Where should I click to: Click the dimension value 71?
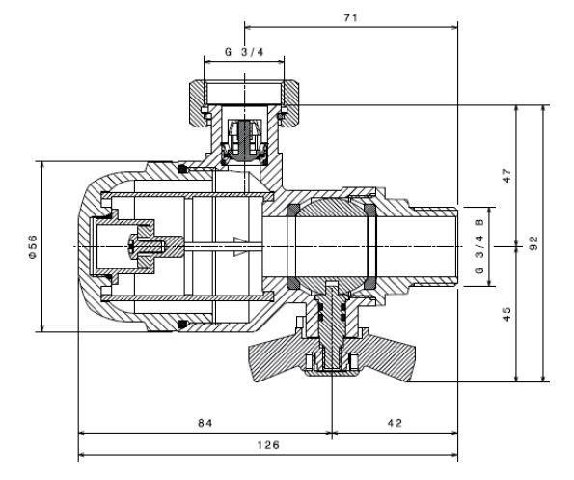(x=350, y=17)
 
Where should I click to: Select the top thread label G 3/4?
(x=244, y=52)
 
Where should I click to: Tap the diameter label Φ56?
(x=33, y=246)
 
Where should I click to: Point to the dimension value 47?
(x=507, y=176)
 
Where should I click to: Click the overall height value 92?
(x=534, y=243)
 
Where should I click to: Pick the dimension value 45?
(x=507, y=314)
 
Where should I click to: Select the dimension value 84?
(x=205, y=423)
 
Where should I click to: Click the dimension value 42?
(x=395, y=423)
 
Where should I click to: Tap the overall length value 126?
(x=268, y=445)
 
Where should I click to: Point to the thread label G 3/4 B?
(x=479, y=246)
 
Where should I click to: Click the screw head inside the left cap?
(x=132, y=246)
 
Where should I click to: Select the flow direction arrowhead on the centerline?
(x=240, y=246)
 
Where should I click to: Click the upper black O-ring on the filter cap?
(x=182, y=169)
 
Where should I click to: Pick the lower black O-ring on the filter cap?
(x=182, y=325)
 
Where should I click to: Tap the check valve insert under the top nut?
(x=244, y=141)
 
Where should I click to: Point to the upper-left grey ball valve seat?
(x=293, y=210)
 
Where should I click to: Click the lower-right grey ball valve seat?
(x=370, y=283)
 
